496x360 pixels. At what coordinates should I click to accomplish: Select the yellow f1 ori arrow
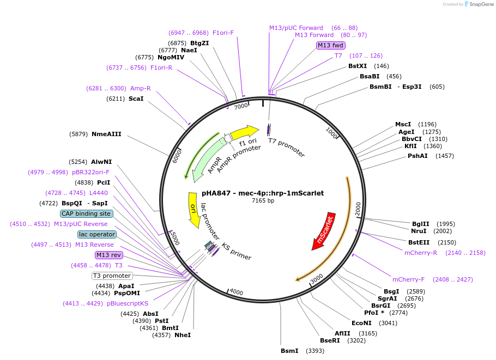coord(244,132)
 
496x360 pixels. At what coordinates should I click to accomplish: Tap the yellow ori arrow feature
coord(193,210)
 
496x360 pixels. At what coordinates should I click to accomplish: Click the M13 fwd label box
coord(331,45)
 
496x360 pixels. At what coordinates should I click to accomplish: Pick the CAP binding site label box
coord(87,213)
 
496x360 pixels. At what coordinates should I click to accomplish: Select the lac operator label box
coord(97,234)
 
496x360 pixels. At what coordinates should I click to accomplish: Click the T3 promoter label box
coord(112,276)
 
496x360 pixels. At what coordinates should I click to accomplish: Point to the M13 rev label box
coord(109,255)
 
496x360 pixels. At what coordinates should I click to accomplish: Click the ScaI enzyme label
coord(136,99)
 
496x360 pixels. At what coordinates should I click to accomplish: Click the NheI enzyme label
coord(183,335)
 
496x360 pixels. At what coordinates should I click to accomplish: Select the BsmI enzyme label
coord(289,351)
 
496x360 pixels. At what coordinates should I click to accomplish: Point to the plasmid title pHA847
coord(263,193)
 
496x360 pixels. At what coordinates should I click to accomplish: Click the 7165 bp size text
coord(263,201)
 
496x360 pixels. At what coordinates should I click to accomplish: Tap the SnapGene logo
coord(475,4)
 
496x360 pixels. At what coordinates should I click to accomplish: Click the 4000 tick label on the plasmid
coord(235,292)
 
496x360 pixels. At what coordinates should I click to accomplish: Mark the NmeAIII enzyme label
coord(106,134)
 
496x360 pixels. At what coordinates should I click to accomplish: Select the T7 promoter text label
coord(286,148)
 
